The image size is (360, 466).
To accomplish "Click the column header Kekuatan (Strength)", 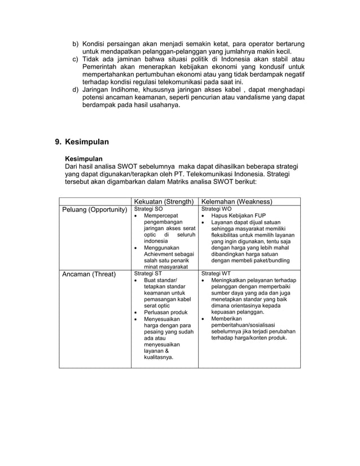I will tap(164, 201).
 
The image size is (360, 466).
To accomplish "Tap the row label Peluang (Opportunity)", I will tap(94, 210).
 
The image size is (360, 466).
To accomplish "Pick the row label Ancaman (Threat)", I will tap(89, 274).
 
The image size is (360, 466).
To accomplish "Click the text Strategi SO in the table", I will tap(148, 208).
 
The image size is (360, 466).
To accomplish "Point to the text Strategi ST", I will tap(147, 272).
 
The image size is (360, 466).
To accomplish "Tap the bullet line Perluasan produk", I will tap(166, 311).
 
